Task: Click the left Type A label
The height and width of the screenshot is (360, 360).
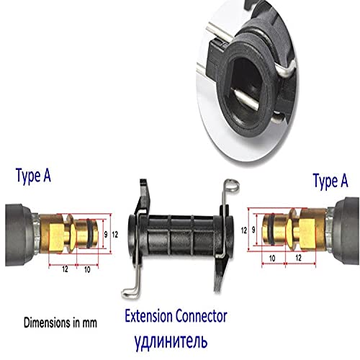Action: click(33, 176)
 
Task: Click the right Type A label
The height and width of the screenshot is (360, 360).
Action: click(330, 181)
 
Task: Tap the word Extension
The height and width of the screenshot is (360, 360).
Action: click(148, 316)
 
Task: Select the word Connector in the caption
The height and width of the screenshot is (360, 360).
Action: click(201, 316)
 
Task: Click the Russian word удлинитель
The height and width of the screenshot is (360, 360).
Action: click(171, 341)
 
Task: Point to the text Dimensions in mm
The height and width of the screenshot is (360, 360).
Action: click(60, 323)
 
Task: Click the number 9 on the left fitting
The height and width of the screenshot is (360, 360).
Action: click(106, 235)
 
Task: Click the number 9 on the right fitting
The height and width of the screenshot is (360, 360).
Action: click(253, 230)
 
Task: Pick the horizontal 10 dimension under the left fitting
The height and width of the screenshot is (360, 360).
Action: click(87, 269)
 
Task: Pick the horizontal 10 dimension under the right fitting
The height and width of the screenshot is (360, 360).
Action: click(272, 258)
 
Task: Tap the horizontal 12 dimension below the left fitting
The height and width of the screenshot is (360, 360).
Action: click(65, 269)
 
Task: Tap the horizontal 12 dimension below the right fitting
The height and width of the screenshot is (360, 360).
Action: click(298, 258)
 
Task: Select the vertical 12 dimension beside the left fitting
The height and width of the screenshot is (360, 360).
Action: click(115, 235)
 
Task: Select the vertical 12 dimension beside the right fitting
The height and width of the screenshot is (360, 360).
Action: click(244, 230)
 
